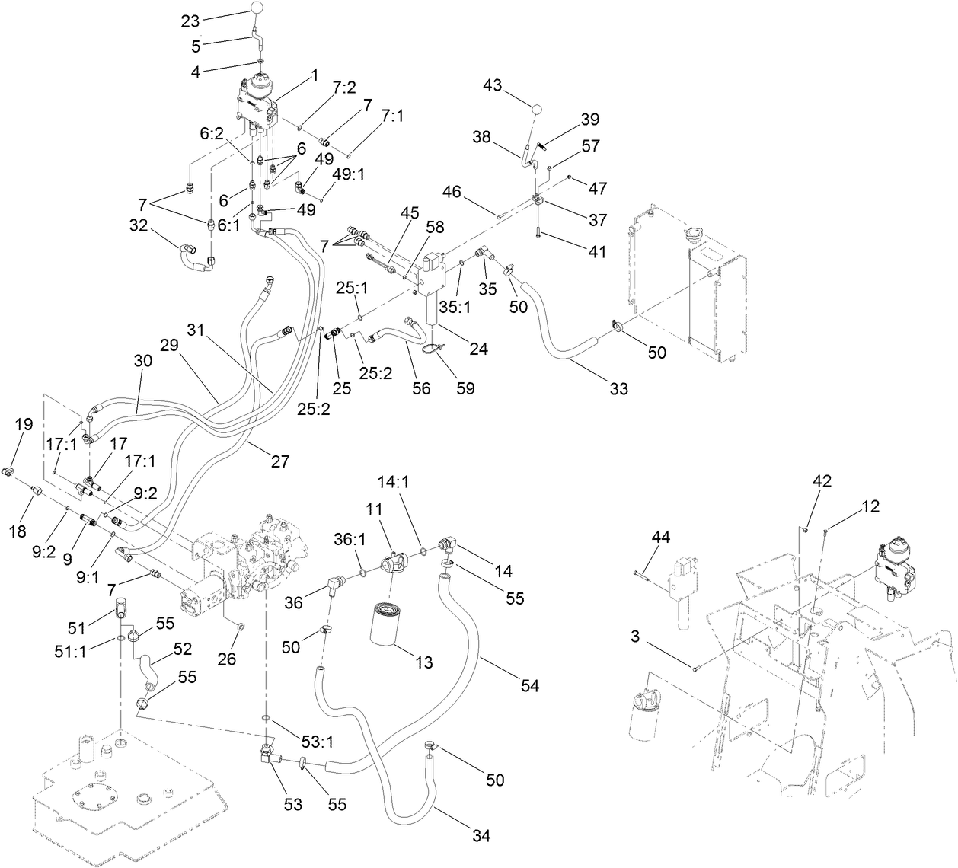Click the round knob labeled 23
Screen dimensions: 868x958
259,8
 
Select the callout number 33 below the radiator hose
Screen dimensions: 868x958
619,388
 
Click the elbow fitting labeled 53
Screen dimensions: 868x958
268,755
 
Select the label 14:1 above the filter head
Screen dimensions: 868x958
394,482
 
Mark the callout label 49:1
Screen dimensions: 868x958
349,174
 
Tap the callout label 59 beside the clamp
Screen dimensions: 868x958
465,388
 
